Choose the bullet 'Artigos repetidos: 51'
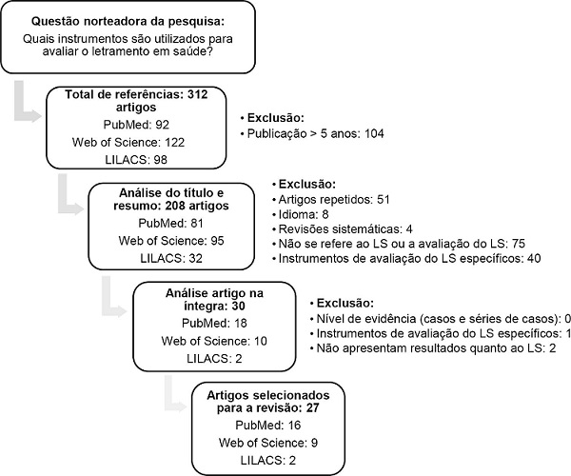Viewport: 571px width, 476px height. point(335,200)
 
